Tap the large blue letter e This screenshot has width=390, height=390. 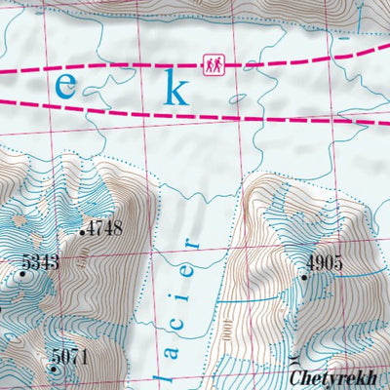click(65, 85)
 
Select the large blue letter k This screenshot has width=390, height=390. click(176, 88)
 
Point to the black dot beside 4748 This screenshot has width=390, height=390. click(82, 233)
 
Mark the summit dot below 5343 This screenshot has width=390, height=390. click(22, 276)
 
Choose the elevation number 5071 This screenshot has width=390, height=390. click(69, 357)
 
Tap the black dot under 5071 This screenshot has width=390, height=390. click(54, 370)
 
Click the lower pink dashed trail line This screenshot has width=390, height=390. click(292, 118)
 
